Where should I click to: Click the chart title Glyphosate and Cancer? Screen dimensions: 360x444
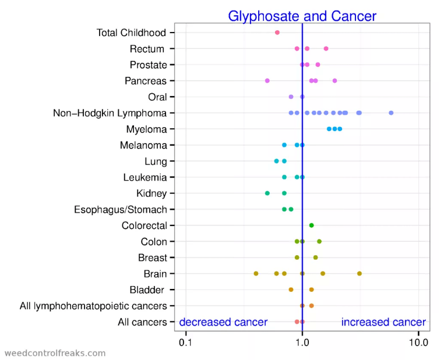(302, 16)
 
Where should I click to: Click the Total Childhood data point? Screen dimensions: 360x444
(277, 33)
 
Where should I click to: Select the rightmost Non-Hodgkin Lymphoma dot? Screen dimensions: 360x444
(391, 113)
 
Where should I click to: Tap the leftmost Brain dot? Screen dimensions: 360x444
(256, 273)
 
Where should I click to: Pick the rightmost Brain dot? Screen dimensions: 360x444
(360, 273)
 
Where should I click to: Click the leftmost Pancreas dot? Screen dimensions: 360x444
(267, 81)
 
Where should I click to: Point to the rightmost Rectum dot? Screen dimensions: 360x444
(326, 48)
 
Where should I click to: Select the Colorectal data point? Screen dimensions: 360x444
(311, 225)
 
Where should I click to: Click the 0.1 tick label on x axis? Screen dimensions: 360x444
(186, 342)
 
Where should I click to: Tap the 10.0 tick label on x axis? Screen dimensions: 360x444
(418, 342)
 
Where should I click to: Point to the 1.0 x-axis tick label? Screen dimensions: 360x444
(302, 342)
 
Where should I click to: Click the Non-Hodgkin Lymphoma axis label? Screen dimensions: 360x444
(110, 113)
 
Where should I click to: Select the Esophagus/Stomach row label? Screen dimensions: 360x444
(121, 209)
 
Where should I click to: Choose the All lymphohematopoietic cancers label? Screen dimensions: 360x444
(93, 305)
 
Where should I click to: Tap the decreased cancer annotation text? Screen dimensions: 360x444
(223, 322)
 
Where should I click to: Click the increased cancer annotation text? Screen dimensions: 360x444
(383, 322)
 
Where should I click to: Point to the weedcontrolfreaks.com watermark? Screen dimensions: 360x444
(55, 353)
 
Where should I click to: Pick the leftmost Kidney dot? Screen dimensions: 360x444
(267, 193)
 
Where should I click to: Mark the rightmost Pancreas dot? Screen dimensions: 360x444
(334, 81)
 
